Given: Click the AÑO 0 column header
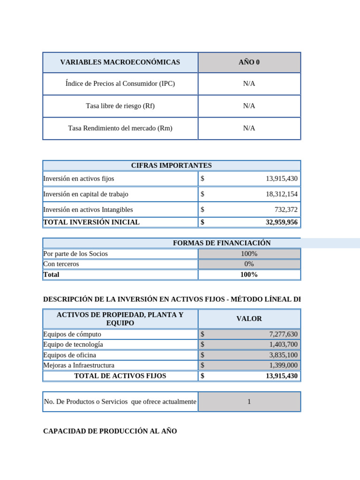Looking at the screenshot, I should click(x=249, y=62).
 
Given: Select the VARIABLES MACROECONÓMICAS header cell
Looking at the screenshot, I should click(x=120, y=62).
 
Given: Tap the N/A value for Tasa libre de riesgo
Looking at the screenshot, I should click(x=249, y=106).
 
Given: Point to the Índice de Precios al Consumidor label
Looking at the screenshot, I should click(x=120, y=83).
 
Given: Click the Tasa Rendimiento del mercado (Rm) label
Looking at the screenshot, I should click(x=120, y=128).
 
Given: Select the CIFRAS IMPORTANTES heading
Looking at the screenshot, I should click(x=172, y=165).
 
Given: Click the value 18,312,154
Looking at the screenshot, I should click(x=281, y=194).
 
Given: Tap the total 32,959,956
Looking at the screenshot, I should click(x=281, y=222).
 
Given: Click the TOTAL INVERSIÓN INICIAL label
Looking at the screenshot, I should click(x=91, y=222).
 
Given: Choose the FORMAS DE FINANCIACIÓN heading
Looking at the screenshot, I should click(x=222, y=243).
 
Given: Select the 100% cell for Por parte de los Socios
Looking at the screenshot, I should click(x=249, y=254).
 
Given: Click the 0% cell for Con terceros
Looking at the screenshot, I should click(x=249, y=264).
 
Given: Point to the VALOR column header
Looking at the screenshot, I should click(x=249, y=319).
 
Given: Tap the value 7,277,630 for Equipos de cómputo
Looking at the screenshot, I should click(x=283, y=334).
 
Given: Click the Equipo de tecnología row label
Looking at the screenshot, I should click(x=73, y=345).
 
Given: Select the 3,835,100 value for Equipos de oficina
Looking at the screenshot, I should click(x=283, y=355).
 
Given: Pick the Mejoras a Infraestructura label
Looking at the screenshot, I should click(x=79, y=365).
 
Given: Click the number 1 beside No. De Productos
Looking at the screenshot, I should click(x=249, y=402).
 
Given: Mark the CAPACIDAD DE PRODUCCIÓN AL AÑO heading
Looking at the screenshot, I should click(x=110, y=431).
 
